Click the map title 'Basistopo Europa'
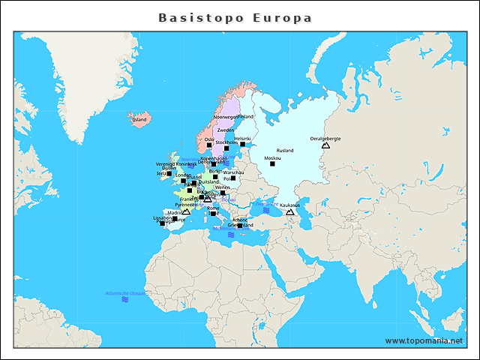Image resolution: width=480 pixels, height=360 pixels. click(x=235, y=17)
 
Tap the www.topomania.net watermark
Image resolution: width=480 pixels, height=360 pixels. click(x=424, y=340)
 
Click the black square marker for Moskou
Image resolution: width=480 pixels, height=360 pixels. click(x=272, y=164)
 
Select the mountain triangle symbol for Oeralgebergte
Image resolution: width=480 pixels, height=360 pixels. click(x=325, y=145)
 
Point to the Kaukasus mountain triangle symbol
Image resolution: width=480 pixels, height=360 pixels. click(x=289, y=212)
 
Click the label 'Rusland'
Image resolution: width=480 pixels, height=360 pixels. click(x=285, y=151)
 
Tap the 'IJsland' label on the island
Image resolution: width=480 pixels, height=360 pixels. click(x=139, y=119)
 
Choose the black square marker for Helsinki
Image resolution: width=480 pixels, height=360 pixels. click(x=242, y=144)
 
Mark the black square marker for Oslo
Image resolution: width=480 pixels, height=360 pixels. click(x=210, y=145)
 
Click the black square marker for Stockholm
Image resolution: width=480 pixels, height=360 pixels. click(x=226, y=148)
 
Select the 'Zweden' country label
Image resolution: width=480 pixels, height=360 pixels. click(x=226, y=130)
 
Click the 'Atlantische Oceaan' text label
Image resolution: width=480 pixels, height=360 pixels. click(x=125, y=292)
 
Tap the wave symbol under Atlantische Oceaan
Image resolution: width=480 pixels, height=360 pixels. click(x=125, y=299)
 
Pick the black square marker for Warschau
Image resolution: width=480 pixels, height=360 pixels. click(x=234, y=178)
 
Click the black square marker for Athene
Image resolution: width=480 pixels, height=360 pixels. click(x=240, y=226)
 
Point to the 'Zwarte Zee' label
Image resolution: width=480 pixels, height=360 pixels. click(x=266, y=204)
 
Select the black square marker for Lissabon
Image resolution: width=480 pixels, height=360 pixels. click(x=163, y=223)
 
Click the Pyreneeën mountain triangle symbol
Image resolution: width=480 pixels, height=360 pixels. click(x=186, y=211)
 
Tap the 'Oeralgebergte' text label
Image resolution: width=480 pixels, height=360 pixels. click(x=325, y=138)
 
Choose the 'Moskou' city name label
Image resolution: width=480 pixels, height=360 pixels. click(x=272, y=158)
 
